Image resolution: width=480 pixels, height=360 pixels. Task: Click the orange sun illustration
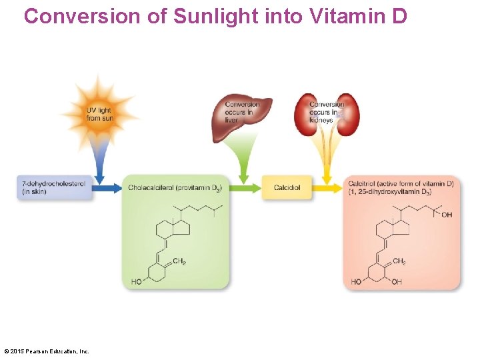(100, 110)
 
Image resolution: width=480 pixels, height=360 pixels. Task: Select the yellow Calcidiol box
(287, 187)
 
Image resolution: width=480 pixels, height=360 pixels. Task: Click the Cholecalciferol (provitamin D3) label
(175, 188)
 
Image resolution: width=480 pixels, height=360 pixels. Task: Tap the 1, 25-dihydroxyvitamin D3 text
(390, 193)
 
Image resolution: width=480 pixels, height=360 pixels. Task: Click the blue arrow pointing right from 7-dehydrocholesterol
(107, 187)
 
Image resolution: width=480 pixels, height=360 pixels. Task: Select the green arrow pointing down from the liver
(243, 160)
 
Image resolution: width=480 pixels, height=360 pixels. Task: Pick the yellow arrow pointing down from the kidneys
(327, 163)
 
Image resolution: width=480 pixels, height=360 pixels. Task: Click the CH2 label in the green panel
(179, 261)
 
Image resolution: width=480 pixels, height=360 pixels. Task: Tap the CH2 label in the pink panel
(399, 261)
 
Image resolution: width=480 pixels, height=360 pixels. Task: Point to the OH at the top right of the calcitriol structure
(447, 215)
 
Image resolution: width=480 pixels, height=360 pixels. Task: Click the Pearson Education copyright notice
(47, 351)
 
